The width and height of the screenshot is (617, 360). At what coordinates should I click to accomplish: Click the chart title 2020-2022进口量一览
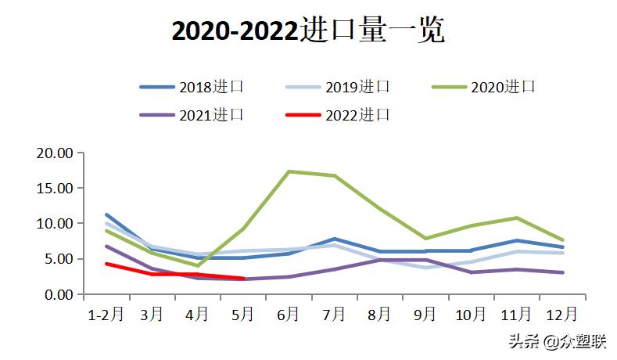[x=308, y=31]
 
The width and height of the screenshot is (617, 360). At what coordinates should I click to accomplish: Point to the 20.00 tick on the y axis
[x=55, y=153]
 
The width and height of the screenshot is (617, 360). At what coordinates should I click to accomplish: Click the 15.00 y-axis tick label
[x=55, y=188]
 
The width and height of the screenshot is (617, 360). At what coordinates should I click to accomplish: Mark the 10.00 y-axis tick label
[x=55, y=223]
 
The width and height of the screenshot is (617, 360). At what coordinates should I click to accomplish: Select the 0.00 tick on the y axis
[x=58, y=294]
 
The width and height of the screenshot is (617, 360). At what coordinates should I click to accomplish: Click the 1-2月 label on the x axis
[x=105, y=314]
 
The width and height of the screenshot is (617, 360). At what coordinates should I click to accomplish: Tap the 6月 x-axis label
[x=289, y=314]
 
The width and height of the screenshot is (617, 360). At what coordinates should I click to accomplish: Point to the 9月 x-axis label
[x=425, y=314]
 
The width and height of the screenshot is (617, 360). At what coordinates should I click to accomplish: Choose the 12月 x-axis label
[x=561, y=314]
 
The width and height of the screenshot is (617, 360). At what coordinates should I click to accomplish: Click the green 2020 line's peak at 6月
[x=289, y=171]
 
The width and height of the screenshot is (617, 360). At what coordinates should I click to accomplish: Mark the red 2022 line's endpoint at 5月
[x=244, y=278]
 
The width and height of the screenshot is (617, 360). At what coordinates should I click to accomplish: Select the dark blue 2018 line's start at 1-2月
[x=106, y=214]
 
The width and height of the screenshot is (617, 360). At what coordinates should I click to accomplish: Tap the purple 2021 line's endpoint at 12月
[x=562, y=272]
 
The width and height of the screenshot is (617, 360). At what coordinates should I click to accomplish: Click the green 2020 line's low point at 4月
[x=198, y=265]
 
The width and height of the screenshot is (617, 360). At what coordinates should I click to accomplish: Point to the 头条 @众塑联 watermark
[x=557, y=341]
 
